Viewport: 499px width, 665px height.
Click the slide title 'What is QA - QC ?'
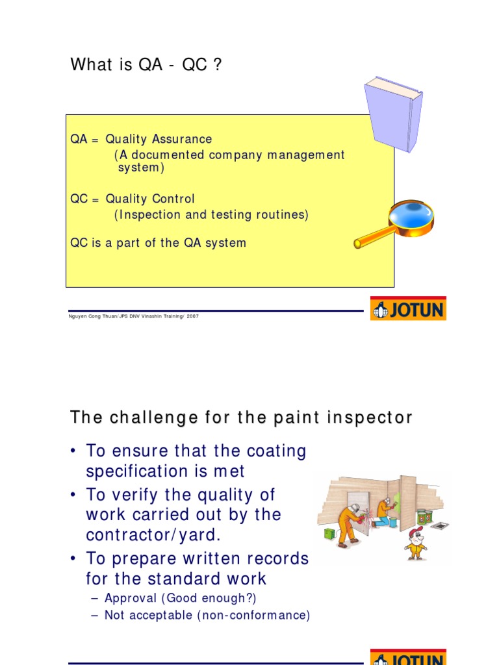coord(146,65)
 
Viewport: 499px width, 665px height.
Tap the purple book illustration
coord(392,114)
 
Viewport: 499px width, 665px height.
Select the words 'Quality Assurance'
coord(159,139)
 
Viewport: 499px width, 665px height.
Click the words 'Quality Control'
coord(150,199)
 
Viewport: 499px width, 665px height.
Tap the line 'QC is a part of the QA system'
coord(158,243)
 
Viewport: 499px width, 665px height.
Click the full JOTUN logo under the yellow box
coord(408,308)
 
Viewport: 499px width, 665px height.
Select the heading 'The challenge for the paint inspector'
coord(240,418)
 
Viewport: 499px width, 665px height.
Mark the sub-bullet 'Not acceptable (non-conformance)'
coord(207,614)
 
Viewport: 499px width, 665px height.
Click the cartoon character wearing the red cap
coord(415,543)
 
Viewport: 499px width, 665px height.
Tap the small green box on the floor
coord(329,533)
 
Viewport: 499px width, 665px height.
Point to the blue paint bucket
coord(392,521)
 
